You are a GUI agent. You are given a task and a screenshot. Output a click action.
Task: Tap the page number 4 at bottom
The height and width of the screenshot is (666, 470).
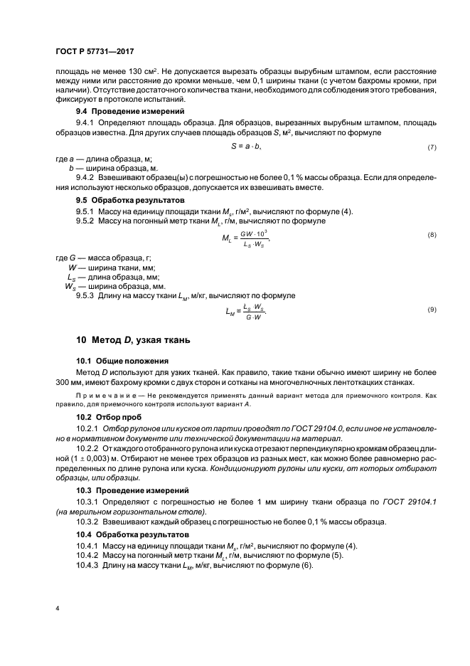click(58, 608)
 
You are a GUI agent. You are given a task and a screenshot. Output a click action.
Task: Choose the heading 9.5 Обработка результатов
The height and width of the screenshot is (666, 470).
click(122, 201)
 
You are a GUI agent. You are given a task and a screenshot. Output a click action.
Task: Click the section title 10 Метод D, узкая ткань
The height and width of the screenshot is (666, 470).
click(133, 341)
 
